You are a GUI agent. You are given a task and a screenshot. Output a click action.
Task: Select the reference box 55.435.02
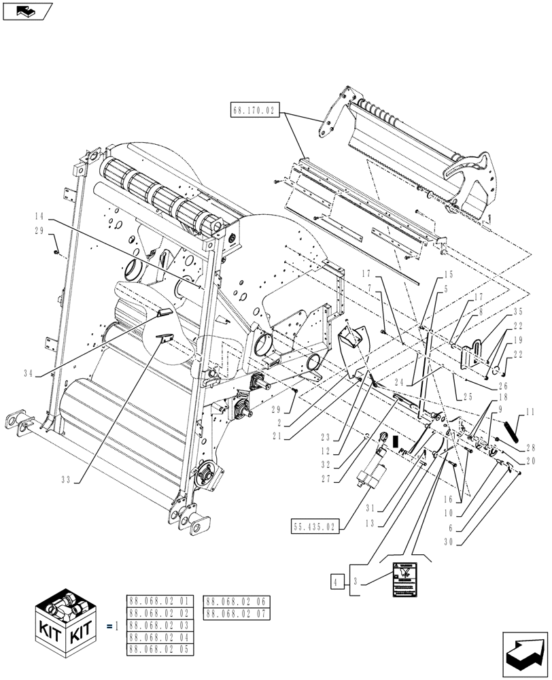point(314,526)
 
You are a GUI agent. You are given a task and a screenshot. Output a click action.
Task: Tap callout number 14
point(41,216)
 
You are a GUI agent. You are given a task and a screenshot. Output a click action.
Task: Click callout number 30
point(468,542)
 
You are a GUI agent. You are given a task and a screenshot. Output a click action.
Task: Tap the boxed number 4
point(336,581)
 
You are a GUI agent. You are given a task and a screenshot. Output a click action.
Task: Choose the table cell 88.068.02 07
point(237,613)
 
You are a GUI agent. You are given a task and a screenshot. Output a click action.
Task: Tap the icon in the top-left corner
point(27,11)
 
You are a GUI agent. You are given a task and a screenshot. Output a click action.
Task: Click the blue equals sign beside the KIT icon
point(109,625)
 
